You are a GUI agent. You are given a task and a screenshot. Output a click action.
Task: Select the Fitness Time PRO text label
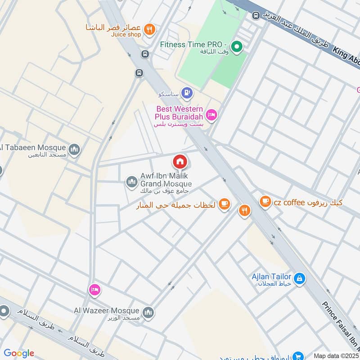pos(194,45)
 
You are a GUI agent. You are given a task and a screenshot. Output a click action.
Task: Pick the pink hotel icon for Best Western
pos(212,115)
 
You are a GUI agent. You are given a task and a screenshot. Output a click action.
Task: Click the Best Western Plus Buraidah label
pos(180,112)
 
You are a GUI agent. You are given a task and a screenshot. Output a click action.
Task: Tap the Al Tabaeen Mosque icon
pos(74,148)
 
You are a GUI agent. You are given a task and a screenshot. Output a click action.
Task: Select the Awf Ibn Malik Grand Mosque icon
pos(131,181)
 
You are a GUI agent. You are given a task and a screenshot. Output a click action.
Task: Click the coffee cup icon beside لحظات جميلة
pos(224,205)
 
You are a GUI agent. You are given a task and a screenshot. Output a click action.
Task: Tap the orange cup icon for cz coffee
pos(265,201)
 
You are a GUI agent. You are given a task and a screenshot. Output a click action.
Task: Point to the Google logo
pos(19,353)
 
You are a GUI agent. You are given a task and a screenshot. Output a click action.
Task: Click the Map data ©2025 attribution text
pos(336,355)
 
